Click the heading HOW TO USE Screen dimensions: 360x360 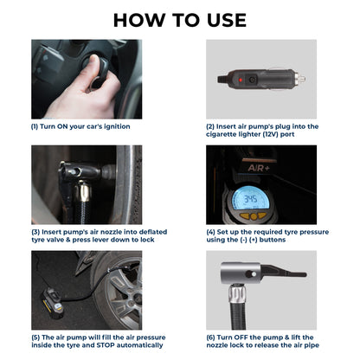coord(179,20)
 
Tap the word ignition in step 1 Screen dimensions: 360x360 coord(112,126)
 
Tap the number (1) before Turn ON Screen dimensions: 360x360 coord(36,126)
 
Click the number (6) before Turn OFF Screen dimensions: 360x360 coord(212,338)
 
